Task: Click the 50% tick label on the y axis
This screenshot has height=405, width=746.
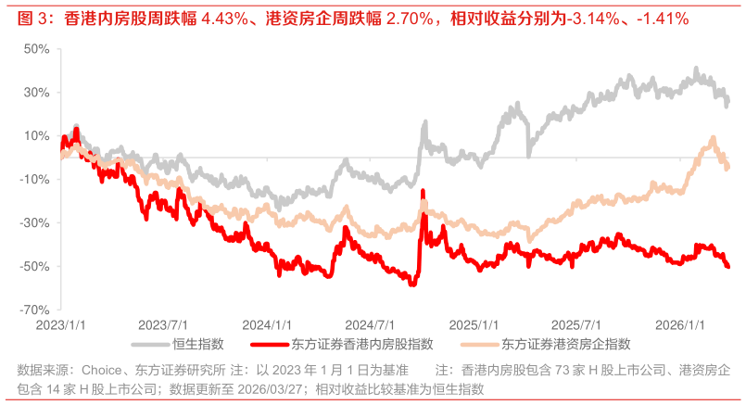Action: tap(36, 48)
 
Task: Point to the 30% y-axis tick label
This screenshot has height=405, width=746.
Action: tap(36, 92)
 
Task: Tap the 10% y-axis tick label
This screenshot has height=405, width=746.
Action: tap(36, 135)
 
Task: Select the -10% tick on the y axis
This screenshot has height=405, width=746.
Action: tap(34, 179)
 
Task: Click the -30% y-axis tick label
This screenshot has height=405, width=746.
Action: tap(34, 222)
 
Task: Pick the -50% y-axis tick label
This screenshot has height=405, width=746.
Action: tap(34, 266)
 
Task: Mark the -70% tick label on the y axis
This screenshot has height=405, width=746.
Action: tap(34, 310)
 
